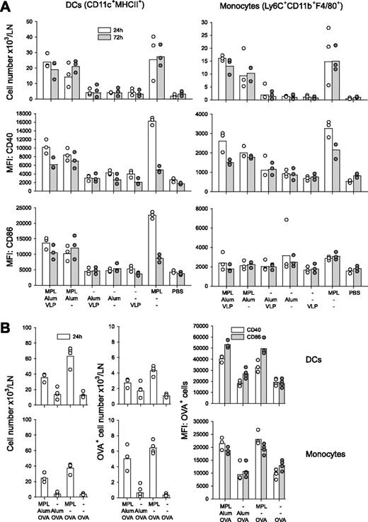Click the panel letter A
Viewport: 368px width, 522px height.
tap(6, 6)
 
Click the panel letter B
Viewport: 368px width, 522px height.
tap(6, 318)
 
